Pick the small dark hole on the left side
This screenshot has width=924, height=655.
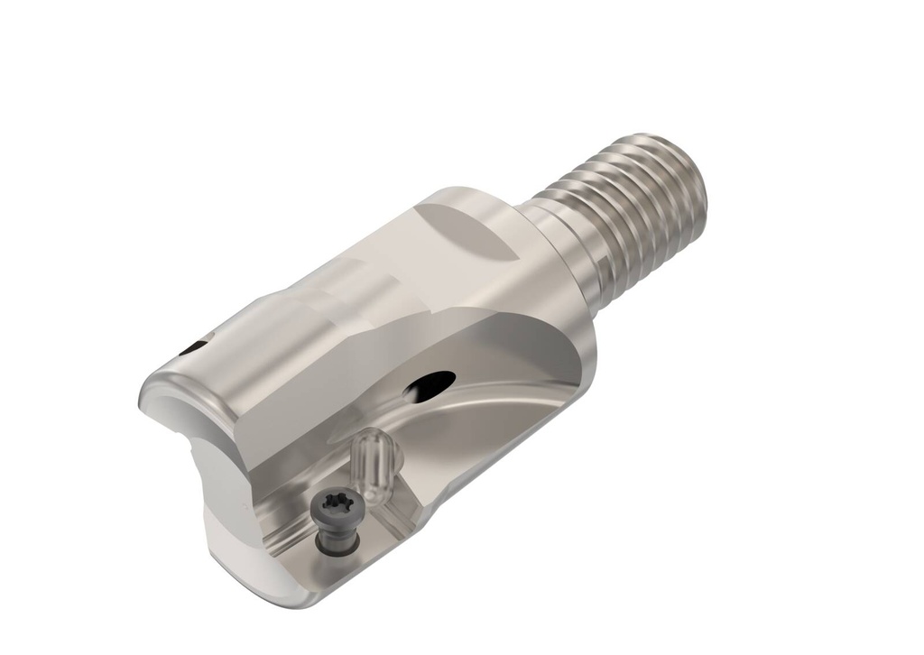pyautogui.click(x=193, y=346)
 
